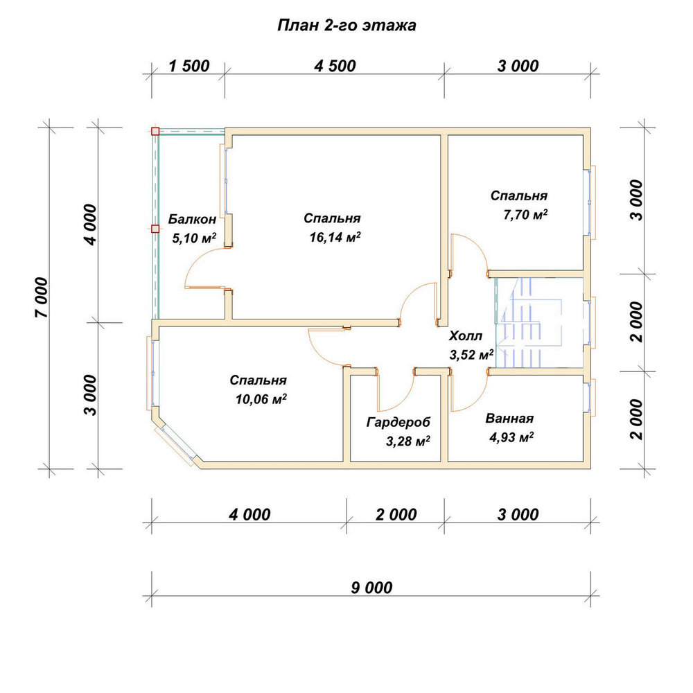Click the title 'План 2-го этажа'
[346, 26]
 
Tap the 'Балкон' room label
[192, 219]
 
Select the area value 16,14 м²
[335, 237]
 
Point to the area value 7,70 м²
[525, 215]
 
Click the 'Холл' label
[466, 336]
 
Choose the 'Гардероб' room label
[398, 423]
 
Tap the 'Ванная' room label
[509, 418]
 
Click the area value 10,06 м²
[261, 400]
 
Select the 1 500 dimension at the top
[189, 67]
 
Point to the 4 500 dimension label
[335, 67]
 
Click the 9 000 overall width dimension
[371, 588]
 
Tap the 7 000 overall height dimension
[42, 297]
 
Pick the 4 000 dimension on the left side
[90, 225]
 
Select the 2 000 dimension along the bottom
[396, 514]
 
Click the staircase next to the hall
[540, 323]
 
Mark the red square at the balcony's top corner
[155, 131]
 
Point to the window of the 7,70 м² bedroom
[590, 202]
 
